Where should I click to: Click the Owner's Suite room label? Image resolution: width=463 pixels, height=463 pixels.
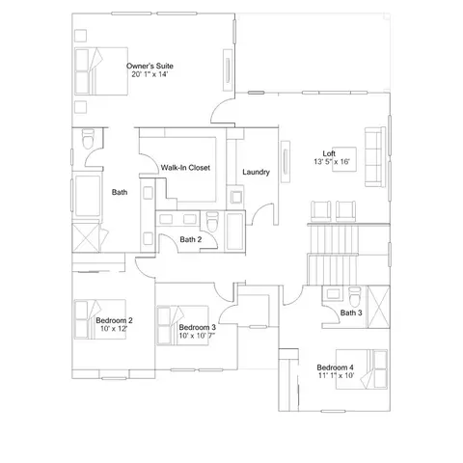pyautogui.click(x=150, y=66)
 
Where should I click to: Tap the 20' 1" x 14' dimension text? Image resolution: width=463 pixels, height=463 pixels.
pyautogui.click(x=150, y=74)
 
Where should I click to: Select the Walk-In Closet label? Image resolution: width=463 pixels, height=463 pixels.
pyautogui.click(x=185, y=168)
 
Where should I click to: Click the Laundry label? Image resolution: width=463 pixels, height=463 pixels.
pyautogui.click(x=256, y=172)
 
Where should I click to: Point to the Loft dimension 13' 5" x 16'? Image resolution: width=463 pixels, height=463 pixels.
pyautogui.click(x=332, y=162)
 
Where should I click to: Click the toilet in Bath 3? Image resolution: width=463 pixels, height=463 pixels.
pyautogui.click(x=355, y=296)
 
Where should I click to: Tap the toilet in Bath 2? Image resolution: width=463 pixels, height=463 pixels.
pyautogui.click(x=212, y=222)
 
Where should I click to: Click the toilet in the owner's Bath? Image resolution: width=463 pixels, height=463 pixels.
pyautogui.click(x=88, y=139)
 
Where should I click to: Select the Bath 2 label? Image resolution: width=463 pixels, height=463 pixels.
pyautogui.click(x=191, y=239)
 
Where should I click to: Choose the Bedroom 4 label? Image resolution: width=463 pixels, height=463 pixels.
pyautogui.click(x=335, y=368)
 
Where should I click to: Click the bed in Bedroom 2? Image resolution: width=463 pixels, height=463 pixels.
pyautogui.click(x=100, y=319)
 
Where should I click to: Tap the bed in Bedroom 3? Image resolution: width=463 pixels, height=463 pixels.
pyautogui.click(x=182, y=325)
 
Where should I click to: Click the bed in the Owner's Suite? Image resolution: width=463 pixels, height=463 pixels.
pyautogui.click(x=101, y=71)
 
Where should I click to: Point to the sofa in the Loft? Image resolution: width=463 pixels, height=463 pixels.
pyautogui.click(x=375, y=156)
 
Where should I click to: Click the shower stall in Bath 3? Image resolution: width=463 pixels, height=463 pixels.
pyautogui.click(x=378, y=307)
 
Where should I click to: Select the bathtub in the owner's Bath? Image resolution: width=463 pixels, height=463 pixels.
pyautogui.click(x=88, y=196)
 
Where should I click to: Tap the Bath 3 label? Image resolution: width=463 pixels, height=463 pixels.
pyautogui.click(x=351, y=313)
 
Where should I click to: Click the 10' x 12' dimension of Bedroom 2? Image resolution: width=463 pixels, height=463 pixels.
pyautogui.click(x=114, y=329)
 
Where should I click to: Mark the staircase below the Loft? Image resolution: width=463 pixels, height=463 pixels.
pyautogui.click(x=333, y=255)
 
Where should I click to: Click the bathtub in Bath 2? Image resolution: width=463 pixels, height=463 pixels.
pyautogui.click(x=235, y=231)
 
